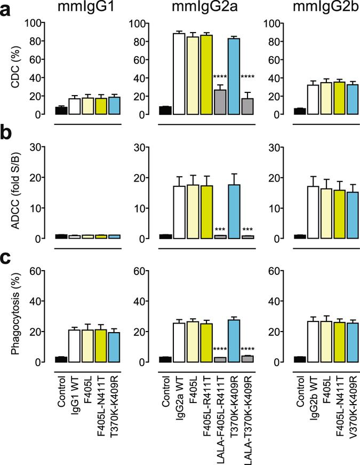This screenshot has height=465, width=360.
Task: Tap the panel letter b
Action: point(7,133)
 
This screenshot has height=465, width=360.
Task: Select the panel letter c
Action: point(7,258)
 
